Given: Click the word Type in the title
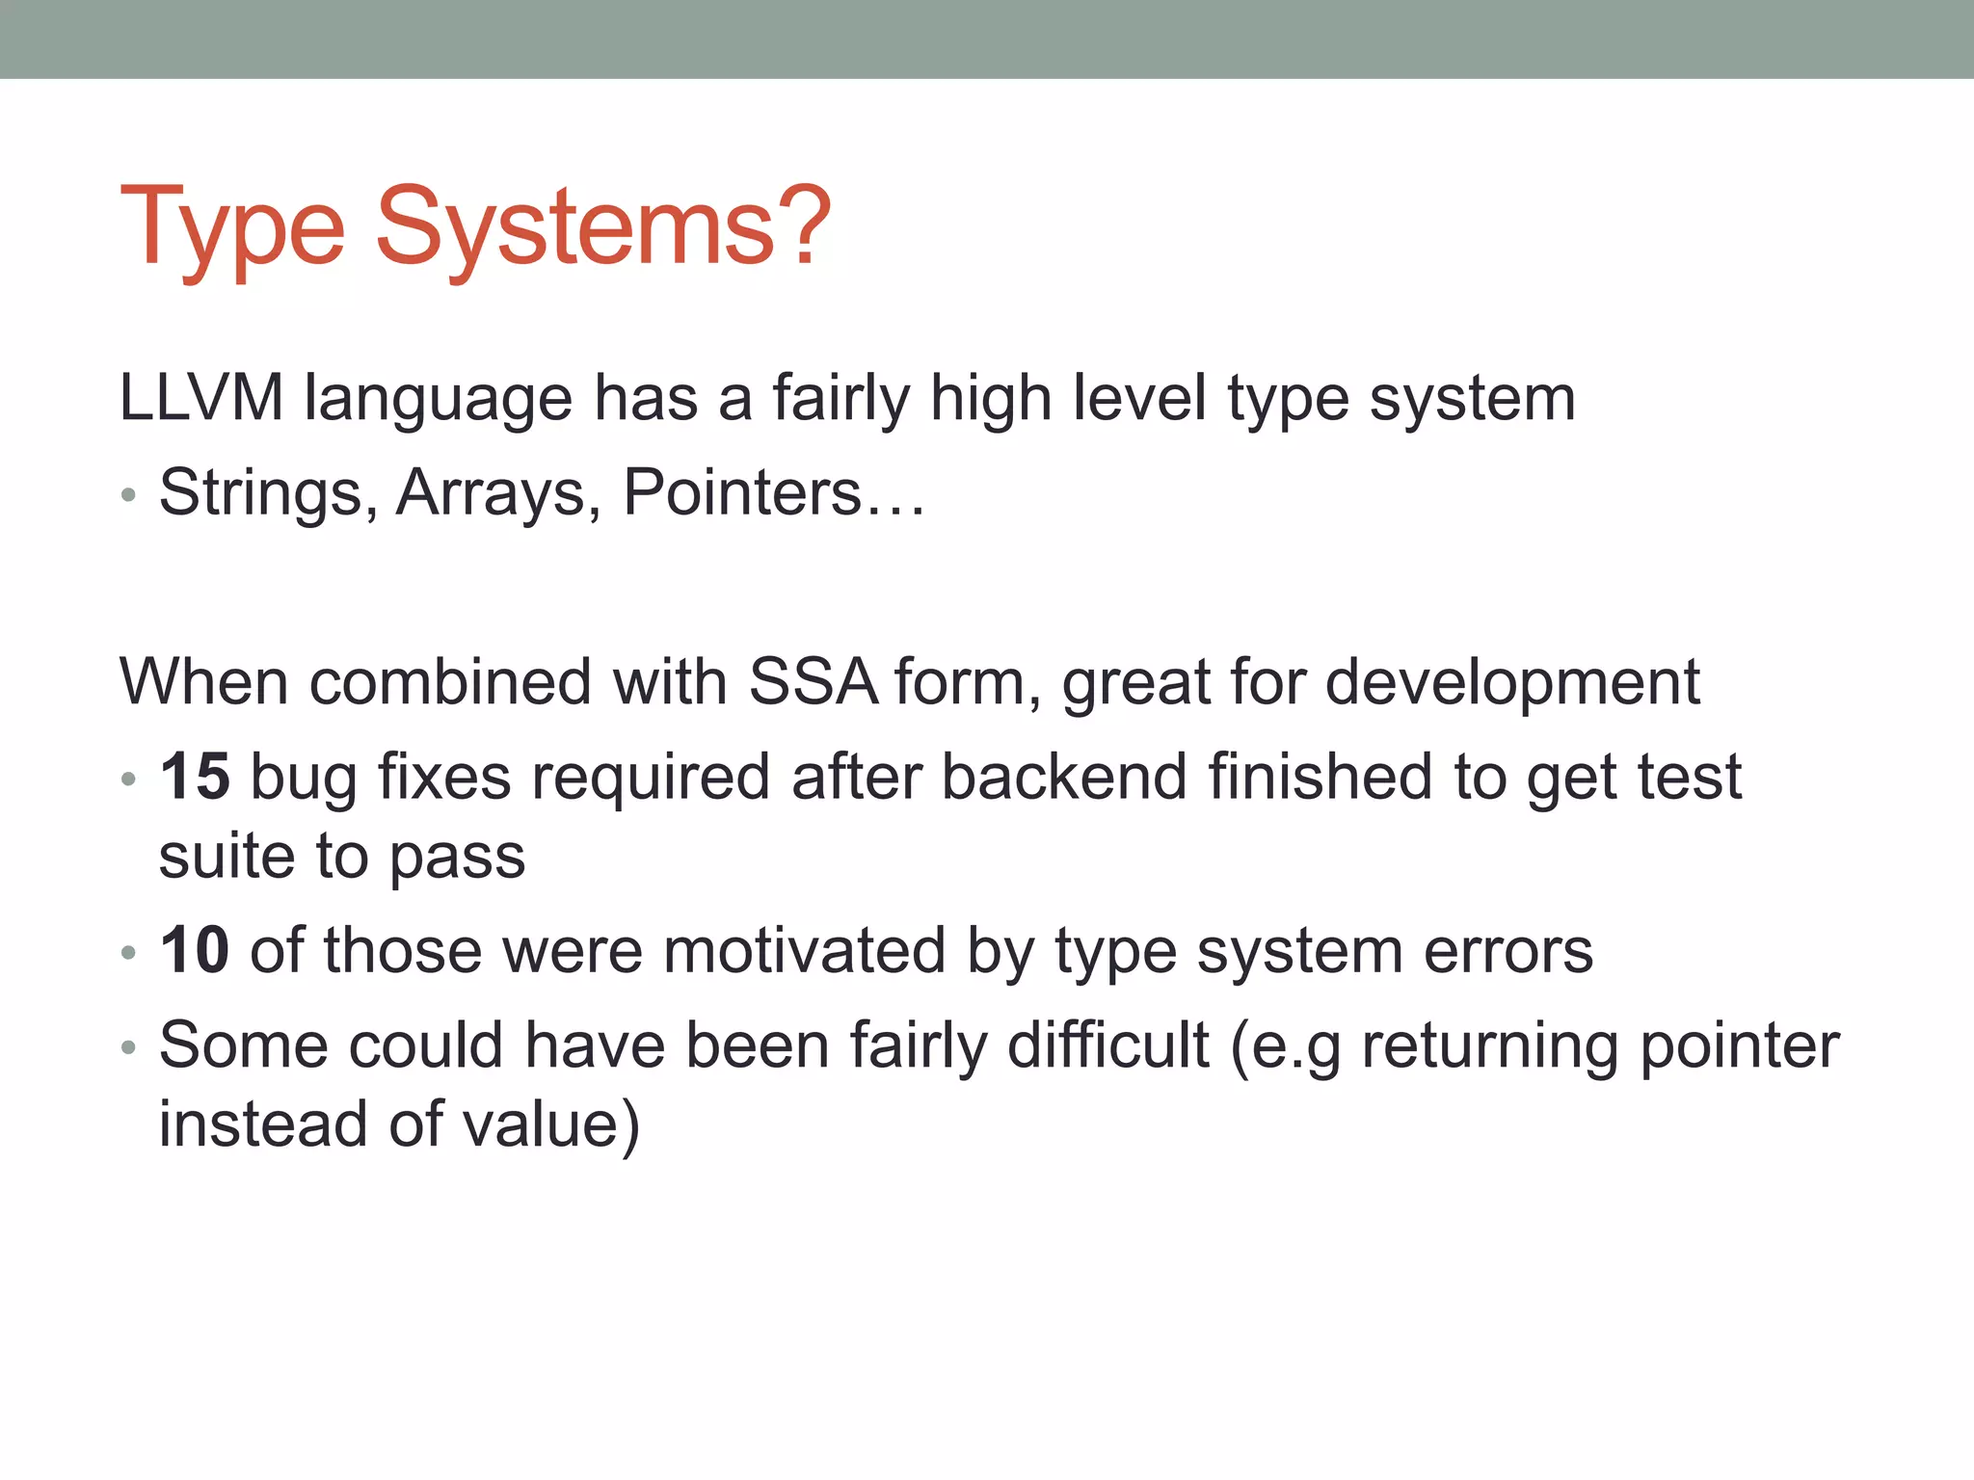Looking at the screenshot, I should coord(231,229).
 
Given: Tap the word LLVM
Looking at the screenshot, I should coord(200,398).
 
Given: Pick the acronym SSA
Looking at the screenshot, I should coord(813,682).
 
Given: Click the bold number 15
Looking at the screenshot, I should coord(195,777).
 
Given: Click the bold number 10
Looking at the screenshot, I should coord(195,950).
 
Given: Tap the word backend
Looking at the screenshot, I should coord(1063,777).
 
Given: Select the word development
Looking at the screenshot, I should coord(1512,682).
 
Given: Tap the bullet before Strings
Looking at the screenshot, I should coord(128,497).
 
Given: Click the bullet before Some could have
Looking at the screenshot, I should coord(128,1048).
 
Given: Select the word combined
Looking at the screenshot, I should coord(450,682).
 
